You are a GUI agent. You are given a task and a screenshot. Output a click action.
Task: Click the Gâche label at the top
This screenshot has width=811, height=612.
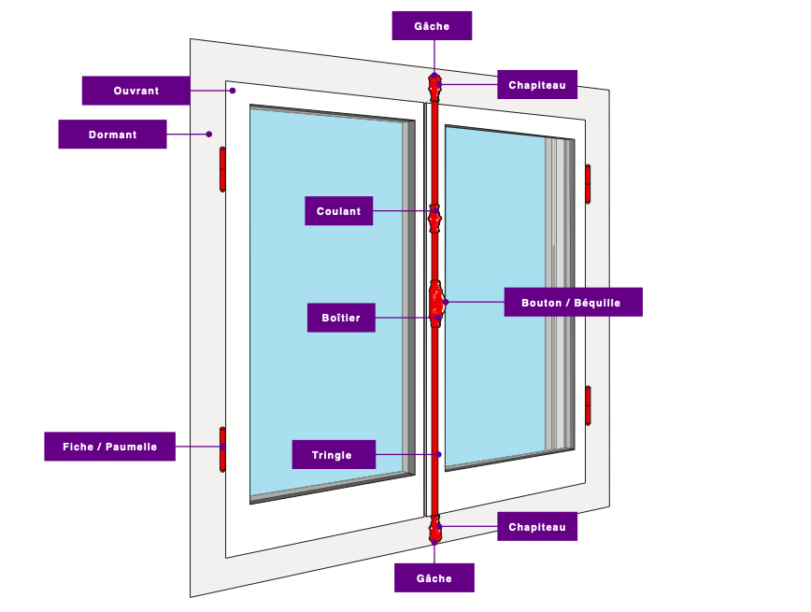pyautogui.click(x=432, y=26)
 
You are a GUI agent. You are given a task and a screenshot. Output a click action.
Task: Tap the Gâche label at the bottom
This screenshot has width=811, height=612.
pyautogui.click(x=434, y=578)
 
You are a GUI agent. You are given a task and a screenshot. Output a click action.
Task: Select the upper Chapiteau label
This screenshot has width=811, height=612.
pyautogui.click(x=536, y=85)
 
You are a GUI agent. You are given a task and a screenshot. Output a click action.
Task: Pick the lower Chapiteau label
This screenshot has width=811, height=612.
pyautogui.click(x=536, y=527)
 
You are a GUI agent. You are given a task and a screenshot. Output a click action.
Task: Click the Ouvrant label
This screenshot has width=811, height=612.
pyautogui.click(x=135, y=91)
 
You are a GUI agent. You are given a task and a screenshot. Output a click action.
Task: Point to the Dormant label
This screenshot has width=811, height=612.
pyautogui.click(x=112, y=135)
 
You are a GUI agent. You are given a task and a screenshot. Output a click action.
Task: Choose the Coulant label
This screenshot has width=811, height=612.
pyautogui.click(x=338, y=211)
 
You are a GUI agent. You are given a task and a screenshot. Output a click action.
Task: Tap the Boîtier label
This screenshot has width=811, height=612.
pyautogui.click(x=340, y=319)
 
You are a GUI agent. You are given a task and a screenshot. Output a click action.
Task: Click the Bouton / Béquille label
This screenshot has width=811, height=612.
pyautogui.click(x=574, y=303)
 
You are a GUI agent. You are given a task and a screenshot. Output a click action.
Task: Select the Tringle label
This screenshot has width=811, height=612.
pyautogui.click(x=334, y=455)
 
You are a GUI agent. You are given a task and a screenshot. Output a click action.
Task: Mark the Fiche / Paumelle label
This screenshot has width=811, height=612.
pyautogui.click(x=109, y=447)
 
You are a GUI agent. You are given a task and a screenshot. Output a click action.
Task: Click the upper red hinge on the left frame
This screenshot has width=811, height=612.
pyautogui.click(x=222, y=168)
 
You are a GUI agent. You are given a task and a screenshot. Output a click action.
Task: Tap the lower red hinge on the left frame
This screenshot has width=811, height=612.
pyautogui.click(x=222, y=448)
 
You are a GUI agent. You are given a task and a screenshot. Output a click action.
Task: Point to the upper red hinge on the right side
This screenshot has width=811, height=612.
pyautogui.click(x=588, y=183)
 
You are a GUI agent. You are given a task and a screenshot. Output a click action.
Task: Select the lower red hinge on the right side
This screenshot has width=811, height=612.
pyautogui.click(x=588, y=405)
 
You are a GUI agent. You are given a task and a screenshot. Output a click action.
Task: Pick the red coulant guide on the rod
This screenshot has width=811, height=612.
pyautogui.click(x=434, y=220)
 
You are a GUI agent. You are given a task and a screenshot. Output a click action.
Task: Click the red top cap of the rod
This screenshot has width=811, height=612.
pyautogui.click(x=434, y=87)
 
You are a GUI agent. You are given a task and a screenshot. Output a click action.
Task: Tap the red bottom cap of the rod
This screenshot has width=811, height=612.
pyautogui.click(x=434, y=529)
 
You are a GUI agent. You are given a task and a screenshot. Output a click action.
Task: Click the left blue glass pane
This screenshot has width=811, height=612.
pyautogui.click(x=327, y=299)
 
